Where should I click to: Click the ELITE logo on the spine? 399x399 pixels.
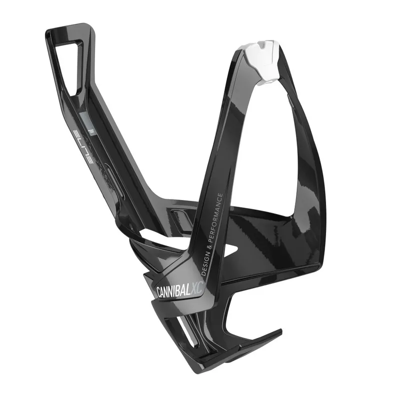(x=83, y=147)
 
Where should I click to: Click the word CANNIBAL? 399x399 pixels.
(x=173, y=292)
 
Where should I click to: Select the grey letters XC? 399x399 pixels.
(x=197, y=288)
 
